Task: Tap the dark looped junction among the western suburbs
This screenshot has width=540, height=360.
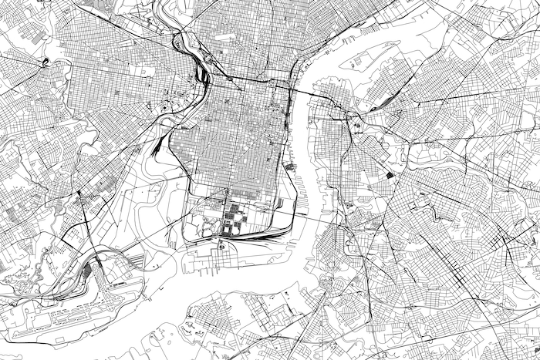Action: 46,62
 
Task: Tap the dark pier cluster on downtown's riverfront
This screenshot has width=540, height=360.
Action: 292,164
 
